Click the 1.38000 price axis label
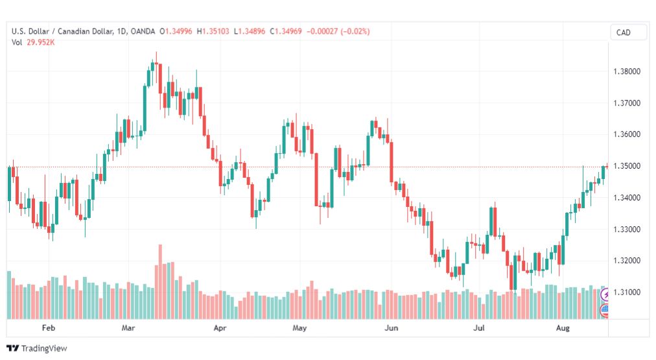627,71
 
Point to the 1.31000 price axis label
627,292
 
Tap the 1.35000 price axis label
627,166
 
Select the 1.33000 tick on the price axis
627,230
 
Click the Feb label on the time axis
49,328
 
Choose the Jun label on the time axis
391,328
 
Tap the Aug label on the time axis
563,328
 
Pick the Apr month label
220,328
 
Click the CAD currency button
624,32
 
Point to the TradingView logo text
44,348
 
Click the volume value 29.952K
41,42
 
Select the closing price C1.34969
286,31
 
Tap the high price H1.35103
213,31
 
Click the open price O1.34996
176,31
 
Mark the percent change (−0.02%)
355,31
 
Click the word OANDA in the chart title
143,31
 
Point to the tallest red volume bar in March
160,282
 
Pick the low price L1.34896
250,31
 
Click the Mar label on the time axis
128,328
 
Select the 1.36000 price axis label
627,134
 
